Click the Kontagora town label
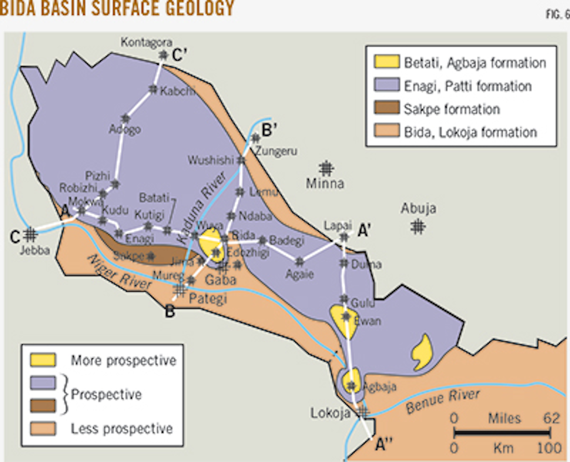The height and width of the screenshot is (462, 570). click(x=146, y=42)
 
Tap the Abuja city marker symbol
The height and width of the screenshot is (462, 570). click(x=418, y=227)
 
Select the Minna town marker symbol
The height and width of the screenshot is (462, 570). click(x=326, y=168)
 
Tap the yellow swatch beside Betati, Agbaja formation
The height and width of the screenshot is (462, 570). click(x=386, y=62)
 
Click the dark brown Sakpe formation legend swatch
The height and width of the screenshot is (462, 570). click(x=386, y=108)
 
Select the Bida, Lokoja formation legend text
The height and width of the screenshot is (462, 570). click(x=470, y=132)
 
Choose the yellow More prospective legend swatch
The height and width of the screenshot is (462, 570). click(x=43, y=360)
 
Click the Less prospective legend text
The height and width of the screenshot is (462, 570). click(x=122, y=428)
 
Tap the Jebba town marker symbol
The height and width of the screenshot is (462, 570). click(x=30, y=235)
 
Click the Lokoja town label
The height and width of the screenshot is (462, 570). click(x=330, y=413)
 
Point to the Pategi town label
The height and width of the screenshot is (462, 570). click(x=207, y=298)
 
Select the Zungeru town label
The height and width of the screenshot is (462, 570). click(x=276, y=151)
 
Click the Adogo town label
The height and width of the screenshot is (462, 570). click(x=125, y=129)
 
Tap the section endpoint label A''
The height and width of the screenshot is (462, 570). click(x=383, y=445)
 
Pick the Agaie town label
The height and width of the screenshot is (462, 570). click(x=300, y=274)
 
